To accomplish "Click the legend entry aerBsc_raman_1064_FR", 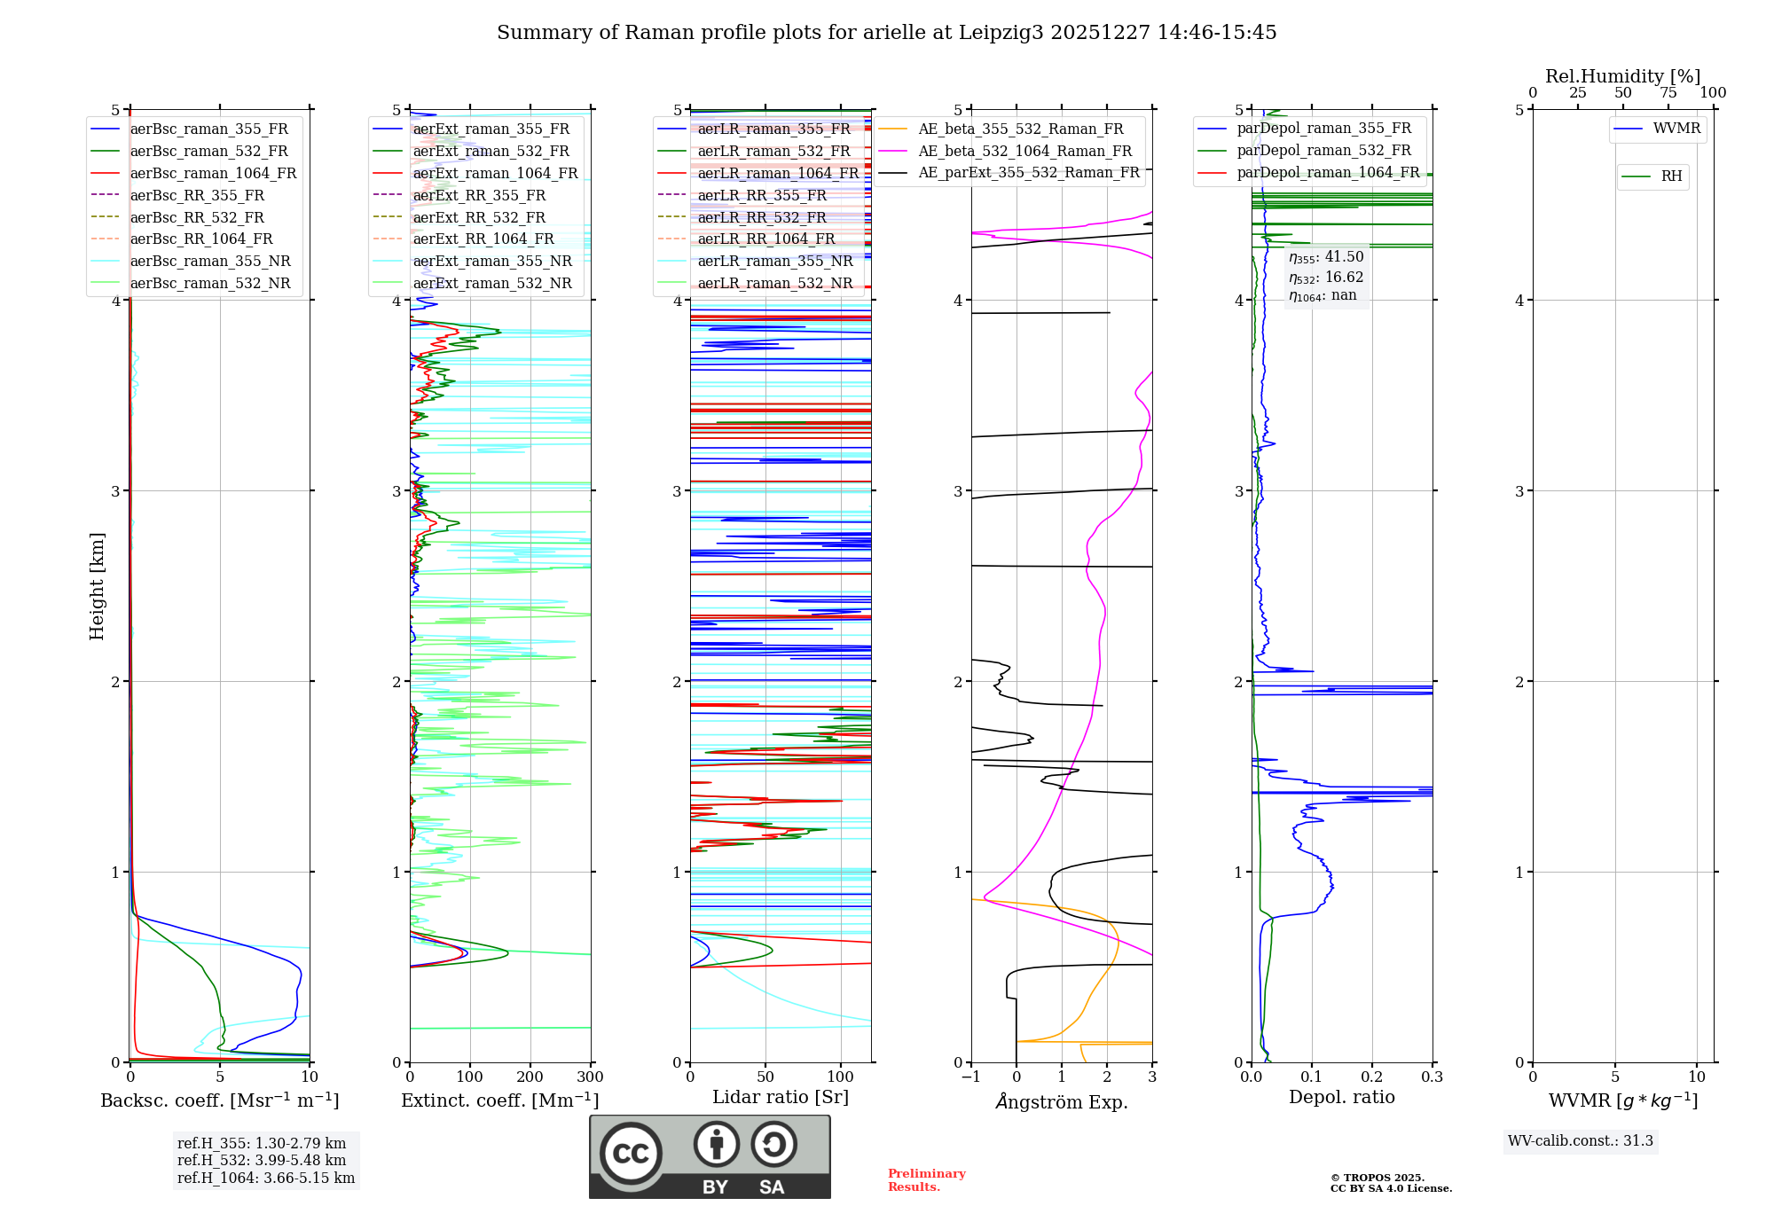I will point(213,173).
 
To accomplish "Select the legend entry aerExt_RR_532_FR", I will point(479,217).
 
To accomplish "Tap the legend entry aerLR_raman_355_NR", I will point(774,261).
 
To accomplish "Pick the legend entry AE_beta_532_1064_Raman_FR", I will point(1024,151).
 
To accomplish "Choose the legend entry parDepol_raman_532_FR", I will point(1323,151).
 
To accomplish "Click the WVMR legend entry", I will point(1676,129).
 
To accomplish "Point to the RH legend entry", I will point(1671,176).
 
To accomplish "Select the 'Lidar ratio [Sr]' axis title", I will point(781,1097).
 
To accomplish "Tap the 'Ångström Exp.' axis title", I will point(1062,1101).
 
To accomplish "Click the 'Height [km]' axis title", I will point(97,586).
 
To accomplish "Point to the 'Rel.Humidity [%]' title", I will point(1622,76).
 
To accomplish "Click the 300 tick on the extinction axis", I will point(590,1077).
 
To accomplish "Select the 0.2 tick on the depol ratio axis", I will point(1371,1077).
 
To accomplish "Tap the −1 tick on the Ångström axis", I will point(970,1077).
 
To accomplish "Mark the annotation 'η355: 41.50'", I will point(1326,257).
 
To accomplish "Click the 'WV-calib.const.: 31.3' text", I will point(1581,1141).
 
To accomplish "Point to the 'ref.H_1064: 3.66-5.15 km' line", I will point(266,1178).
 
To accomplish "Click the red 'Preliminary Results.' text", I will point(926,1180).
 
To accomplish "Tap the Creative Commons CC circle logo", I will point(631,1154).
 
